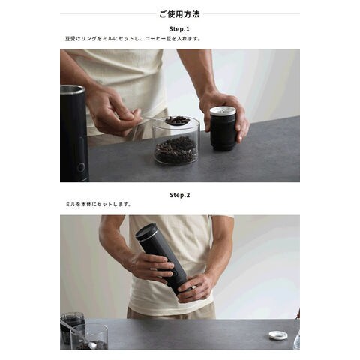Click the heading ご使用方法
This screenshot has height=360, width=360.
[179, 14]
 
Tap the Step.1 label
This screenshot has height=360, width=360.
[179, 29]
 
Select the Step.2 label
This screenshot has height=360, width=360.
[180, 195]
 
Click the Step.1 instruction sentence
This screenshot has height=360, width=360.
[133, 39]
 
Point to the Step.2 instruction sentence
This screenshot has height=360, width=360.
[98, 204]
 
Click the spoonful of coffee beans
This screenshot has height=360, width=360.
[177, 121]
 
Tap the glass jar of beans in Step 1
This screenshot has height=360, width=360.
[176, 141]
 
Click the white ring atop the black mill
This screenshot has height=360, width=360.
[223, 112]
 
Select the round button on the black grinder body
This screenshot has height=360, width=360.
[81, 167]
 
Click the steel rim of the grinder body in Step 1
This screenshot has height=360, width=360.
[72, 89]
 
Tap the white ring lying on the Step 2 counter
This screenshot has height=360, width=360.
[278, 335]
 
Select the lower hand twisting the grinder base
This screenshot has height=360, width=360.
[196, 287]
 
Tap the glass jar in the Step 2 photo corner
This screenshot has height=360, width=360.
[88, 336]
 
